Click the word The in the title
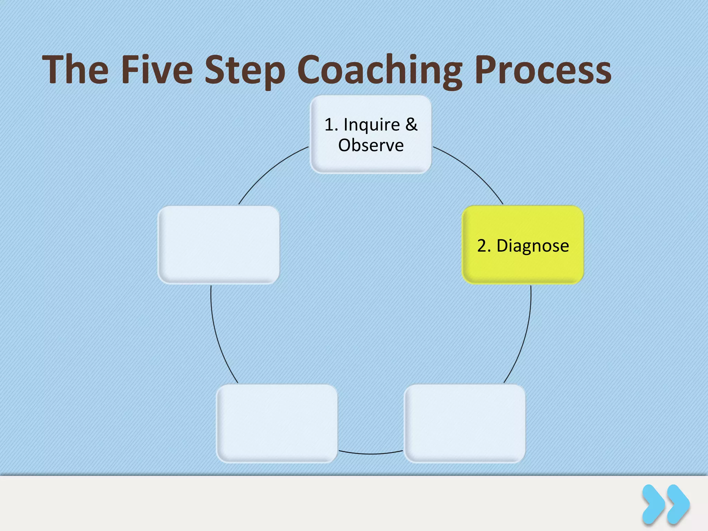[75, 70]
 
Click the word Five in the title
[157, 70]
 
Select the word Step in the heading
[245, 71]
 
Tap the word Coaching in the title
[379, 71]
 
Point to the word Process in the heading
[543, 70]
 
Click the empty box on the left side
[218, 245]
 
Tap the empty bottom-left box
[277, 423]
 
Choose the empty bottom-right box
[465, 423]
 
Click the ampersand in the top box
[411, 124]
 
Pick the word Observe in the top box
[371, 145]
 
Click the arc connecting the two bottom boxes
[371, 454]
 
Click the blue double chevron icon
[666, 504]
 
